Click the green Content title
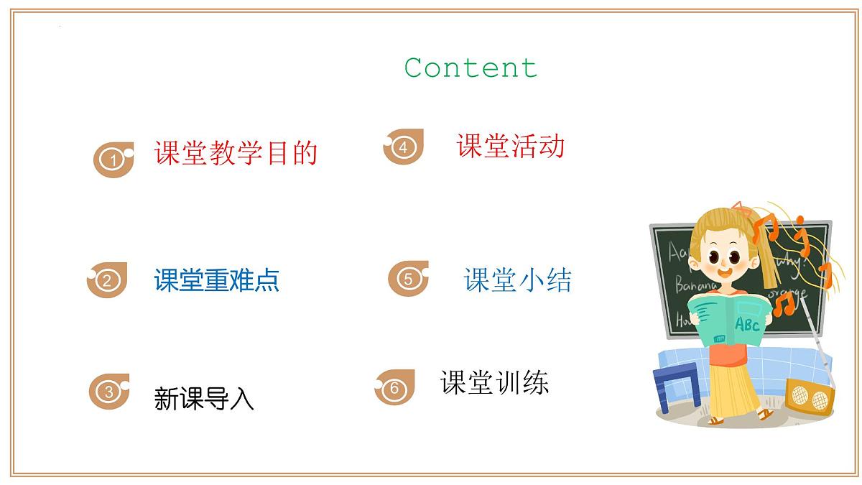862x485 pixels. pos(471,68)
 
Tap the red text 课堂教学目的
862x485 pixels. pos(236,153)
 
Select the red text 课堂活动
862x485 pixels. pos(511,146)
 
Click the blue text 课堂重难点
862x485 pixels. pos(216,280)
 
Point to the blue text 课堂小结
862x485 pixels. pos(518,280)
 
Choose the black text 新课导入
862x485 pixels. pos(204,398)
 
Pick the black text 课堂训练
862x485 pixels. pos(494,382)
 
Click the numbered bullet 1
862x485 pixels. pos(113,160)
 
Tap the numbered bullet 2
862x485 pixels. pos(106,280)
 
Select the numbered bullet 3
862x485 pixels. pos(108,392)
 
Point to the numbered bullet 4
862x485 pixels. pos(403,147)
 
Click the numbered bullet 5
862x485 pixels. pos(408,279)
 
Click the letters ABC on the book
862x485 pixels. pos(747,325)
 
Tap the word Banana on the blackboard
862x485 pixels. pos(695,286)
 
